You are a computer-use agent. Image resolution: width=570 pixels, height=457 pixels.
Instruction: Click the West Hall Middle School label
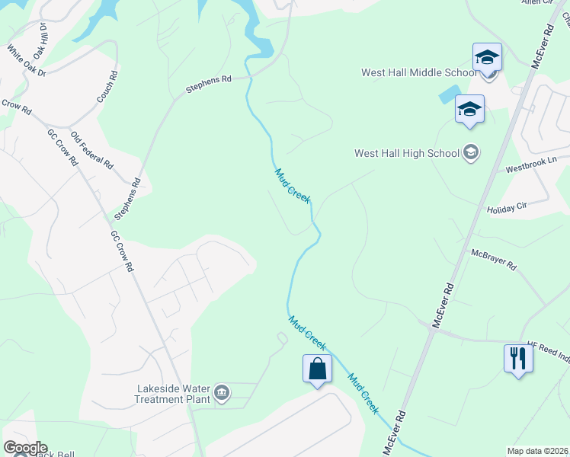pyautogui.click(x=418, y=73)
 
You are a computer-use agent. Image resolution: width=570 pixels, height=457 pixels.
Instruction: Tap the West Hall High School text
pyautogui.click(x=407, y=153)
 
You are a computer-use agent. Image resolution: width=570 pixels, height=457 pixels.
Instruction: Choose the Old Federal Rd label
pyautogui.click(x=91, y=150)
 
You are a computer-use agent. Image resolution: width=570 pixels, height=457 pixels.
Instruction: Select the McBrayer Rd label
pyautogui.click(x=494, y=260)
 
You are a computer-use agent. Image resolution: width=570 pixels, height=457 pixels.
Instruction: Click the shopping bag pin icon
pyautogui.click(x=317, y=369)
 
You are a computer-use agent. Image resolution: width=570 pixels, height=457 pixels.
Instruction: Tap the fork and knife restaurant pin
pyautogui.click(x=518, y=357)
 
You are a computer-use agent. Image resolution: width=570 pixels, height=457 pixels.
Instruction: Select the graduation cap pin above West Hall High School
pyautogui.click(x=469, y=108)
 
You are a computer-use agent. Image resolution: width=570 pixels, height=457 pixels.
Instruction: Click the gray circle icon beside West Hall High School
pyautogui.click(x=472, y=152)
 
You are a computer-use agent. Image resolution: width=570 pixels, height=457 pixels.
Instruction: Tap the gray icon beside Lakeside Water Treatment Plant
pyautogui.click(x=222, y=393)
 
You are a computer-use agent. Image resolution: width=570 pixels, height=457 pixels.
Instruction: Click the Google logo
pyautogui.click(x=24, y=448)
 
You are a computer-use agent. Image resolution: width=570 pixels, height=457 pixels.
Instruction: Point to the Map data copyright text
pyautogui.click(x=536, y=451)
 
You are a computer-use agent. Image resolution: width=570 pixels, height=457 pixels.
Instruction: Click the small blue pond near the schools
pyautogui.click(x=448, y=94)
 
